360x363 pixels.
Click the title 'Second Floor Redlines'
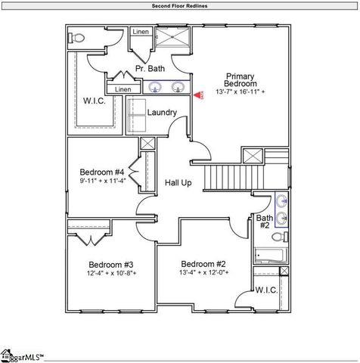click(179, 6)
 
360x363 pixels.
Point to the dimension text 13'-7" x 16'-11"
click(239, 92)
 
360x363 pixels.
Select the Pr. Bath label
click(150, 69)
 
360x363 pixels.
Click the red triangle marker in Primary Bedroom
click(197, 96)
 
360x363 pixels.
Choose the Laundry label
click(162, 113)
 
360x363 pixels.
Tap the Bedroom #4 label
click(101, 172)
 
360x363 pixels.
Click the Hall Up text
click(178, 183)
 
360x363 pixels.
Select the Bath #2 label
click(265, 221)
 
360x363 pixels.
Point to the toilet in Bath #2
click(277, 237)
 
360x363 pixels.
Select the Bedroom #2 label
click(204, 264)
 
